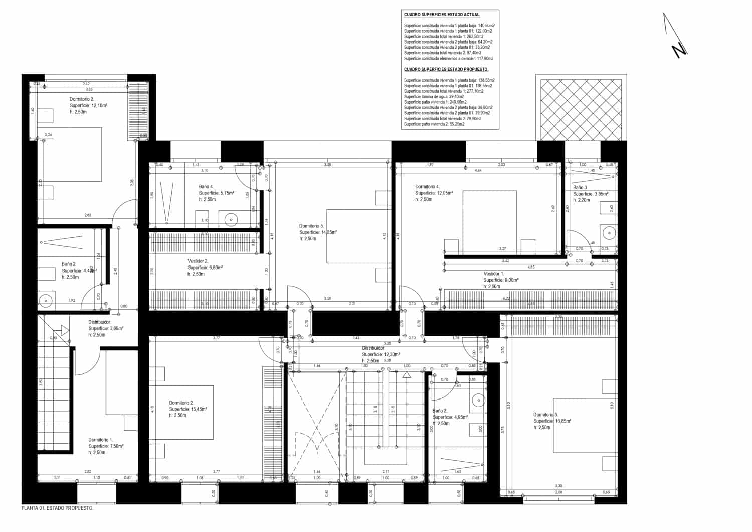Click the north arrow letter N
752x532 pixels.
(x=679, y=50)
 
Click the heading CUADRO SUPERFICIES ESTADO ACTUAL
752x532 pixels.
(x=442, y=15)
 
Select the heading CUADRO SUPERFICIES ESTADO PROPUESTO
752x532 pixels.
(x=446, y=69)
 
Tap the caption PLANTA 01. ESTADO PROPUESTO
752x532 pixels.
(x=57, y=508)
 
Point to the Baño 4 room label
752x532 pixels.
(x=206, y=187)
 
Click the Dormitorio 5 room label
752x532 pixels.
(x=312, y=226)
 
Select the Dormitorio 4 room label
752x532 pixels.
(x=427, y=187)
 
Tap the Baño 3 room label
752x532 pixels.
(x=580, y=188)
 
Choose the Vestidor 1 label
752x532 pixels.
(x=493, y=274)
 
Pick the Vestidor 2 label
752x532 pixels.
(x=198, y=261)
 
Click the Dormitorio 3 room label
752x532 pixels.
(x=545, y=415)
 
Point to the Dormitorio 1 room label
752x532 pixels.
(x=101, y=440)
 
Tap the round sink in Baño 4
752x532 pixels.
(x=231, y=219)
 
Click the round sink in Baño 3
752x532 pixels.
(x=609, y=232)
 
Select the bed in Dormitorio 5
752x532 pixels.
(x=358, y=236)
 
